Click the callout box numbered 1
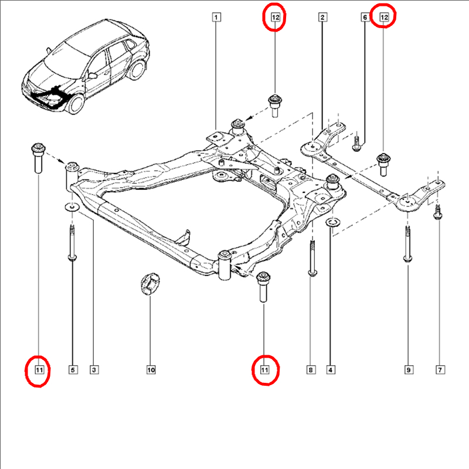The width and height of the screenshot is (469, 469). pyautogui.click(x=216, y=17)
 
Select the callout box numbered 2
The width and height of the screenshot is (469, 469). pyautogui.click(x=322, y=17)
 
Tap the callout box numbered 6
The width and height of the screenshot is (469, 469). pyautogui.click(x=365, y=17)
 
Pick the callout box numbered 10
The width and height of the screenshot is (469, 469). pyautogui.click(x=151, y=370)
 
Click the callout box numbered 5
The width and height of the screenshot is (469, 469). pyautogui.click(x=73, y=370)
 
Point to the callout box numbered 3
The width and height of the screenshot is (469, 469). pyautogui.click(x=94, y=370)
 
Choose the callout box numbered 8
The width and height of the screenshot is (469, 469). pyautogui.click(x=311, y=370)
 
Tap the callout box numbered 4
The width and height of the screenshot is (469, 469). pyautogui.click(x=331, y=370)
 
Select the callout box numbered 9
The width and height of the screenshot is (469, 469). pyautogui.click(x=409, y=370)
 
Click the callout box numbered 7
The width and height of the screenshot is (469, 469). pyautogui.click(x=440, y=370)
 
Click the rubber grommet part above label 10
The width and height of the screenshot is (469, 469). pyautogui.click(x=150, y=283)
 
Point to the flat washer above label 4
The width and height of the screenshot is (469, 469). pyautogui.click(x=332, y=222)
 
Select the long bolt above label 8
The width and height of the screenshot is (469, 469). pyautogui.click(x=312, y=259)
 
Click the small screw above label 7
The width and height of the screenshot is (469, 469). pyautogui.click(x=437, y=212)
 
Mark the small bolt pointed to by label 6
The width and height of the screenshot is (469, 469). pyautogui.click(x=356, y=144)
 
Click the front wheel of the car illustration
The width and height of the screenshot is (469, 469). pyautogui.click(x=76, y=104)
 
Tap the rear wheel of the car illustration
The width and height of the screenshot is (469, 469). pyautogui.click(x=137, y=70)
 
